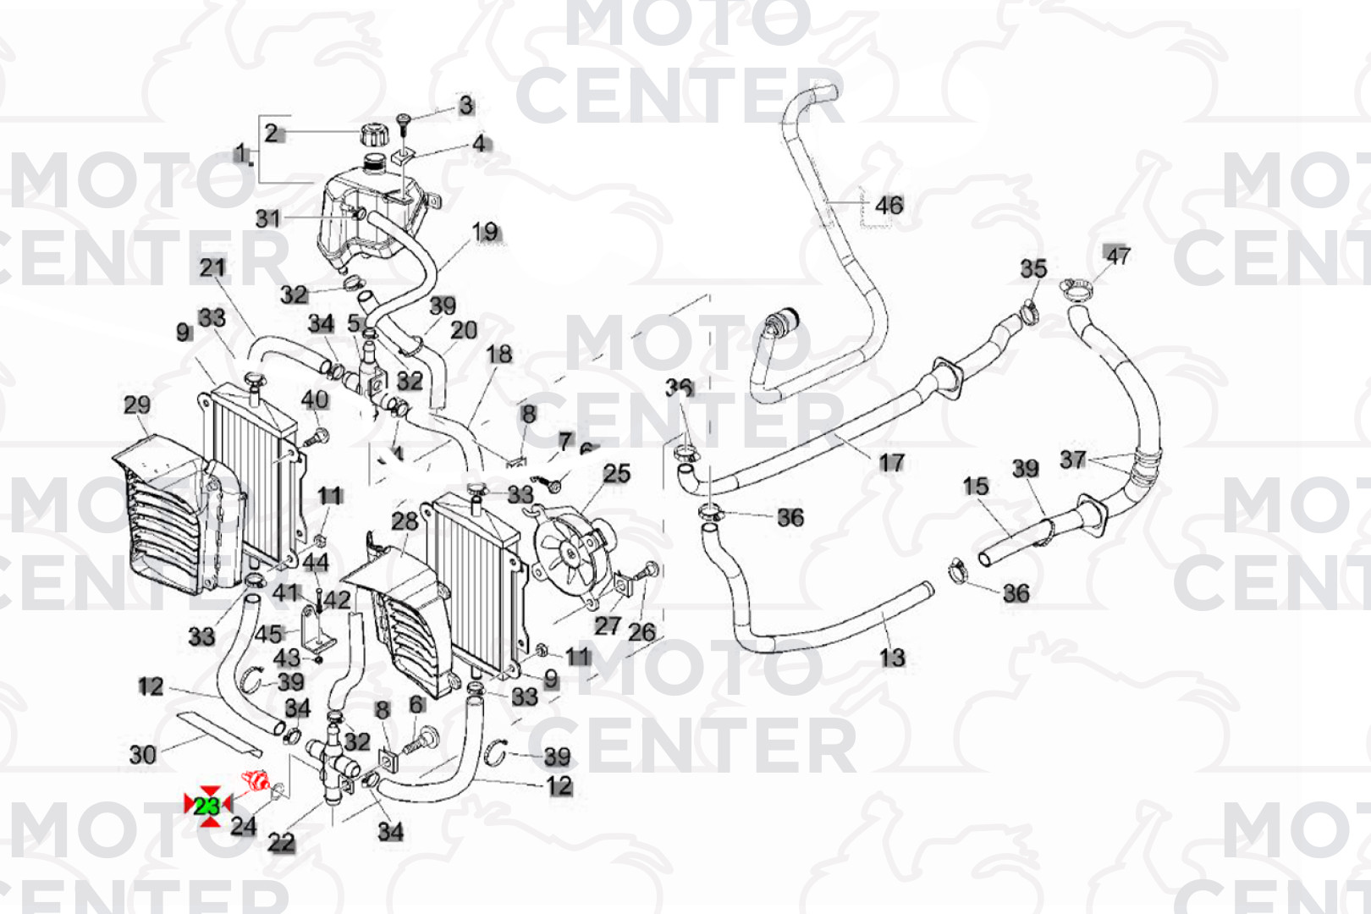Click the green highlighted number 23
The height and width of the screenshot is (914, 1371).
207,806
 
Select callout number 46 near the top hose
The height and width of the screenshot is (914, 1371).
889,206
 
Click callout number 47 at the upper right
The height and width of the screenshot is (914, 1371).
1118,256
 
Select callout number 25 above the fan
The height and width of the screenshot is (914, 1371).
617,473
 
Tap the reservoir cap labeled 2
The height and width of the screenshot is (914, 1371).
372,135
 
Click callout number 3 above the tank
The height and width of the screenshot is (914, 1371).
466,106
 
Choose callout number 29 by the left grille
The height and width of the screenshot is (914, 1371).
137,405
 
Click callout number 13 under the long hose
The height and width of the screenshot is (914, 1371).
892,657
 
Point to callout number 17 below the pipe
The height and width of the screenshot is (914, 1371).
891,462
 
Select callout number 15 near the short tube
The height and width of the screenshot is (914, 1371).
976,486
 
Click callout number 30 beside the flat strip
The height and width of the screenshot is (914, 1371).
142,754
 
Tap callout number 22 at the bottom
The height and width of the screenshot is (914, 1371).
282,842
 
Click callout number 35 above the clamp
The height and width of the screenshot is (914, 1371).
1033,269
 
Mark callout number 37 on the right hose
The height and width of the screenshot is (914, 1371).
1073,460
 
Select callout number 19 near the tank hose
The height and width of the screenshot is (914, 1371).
485,232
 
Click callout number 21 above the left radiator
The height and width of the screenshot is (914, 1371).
212,268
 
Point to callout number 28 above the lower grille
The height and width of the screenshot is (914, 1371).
405,521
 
